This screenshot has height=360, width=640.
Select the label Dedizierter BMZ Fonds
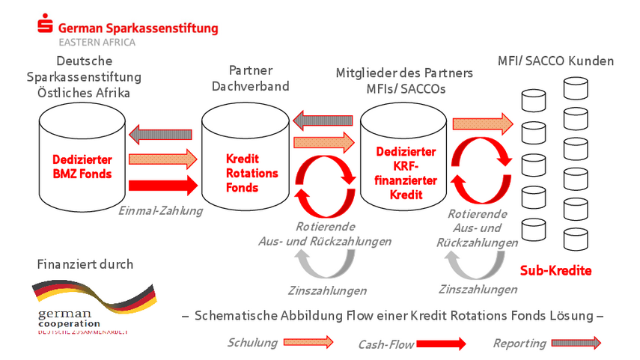click(x=82, y=167)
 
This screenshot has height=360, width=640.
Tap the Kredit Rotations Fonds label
click(x=252, y=173)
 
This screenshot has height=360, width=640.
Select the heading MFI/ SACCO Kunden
click(x=555, y=61)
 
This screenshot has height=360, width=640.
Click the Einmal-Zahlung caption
click(x=161, y=211)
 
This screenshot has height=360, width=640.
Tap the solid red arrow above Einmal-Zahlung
click(x=162, y=183)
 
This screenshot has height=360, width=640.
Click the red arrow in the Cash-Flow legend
click(x=441, y=344)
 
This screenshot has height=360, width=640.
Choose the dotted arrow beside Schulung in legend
click(x=308, y=343)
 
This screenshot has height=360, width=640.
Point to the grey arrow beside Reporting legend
click(x=576, y=344)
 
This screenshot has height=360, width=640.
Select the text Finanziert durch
click(x=85, y=264)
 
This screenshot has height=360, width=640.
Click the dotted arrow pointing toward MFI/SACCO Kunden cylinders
click(x=482, y=122)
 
